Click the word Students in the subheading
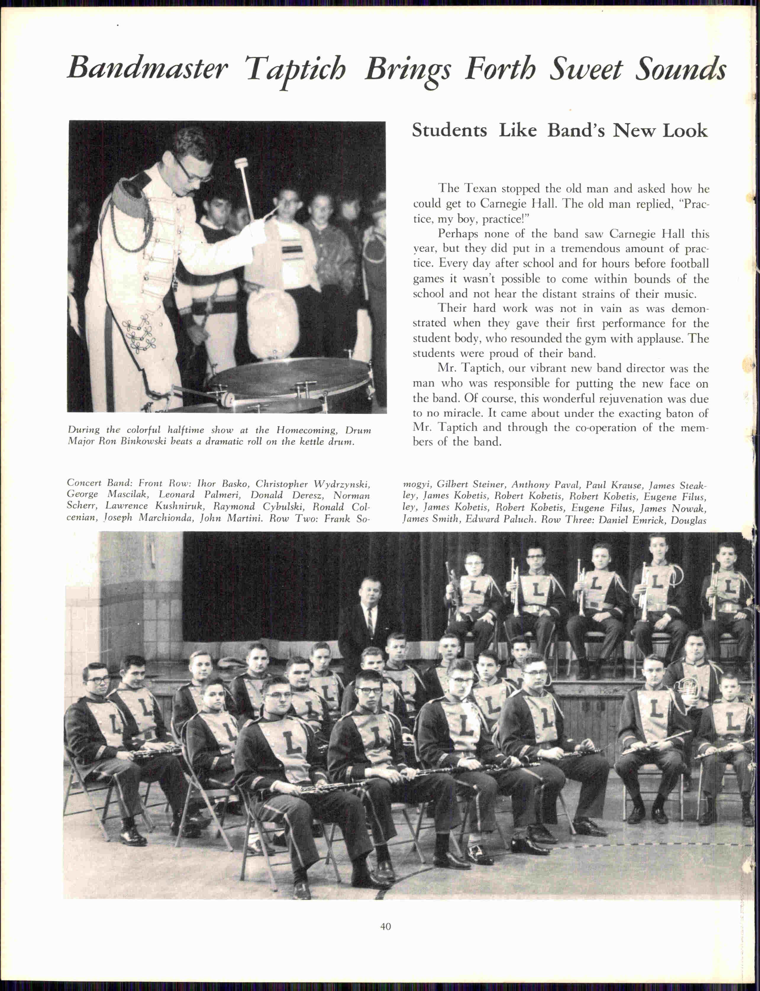point(449,131)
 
